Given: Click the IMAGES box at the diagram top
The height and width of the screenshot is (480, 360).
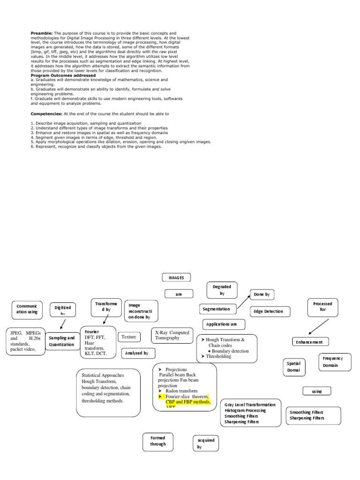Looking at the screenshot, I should pos(176,277).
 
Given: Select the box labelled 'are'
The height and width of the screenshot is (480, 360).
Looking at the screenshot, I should pos(179,294).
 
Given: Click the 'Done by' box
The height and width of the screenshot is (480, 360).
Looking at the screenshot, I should pos(262,294).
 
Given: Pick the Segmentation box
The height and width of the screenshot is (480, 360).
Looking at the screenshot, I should pos(217,309).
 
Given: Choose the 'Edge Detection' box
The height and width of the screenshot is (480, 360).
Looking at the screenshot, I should pos(269,311).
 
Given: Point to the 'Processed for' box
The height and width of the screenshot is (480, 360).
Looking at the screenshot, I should pos(322,307).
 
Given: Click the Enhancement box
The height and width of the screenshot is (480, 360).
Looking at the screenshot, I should pos(310,342).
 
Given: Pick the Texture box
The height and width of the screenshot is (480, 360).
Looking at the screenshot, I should pos(129,337).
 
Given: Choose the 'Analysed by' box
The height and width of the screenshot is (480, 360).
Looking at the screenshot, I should pos(138,353).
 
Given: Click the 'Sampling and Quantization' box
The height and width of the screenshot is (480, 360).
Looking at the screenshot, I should pos(61,341).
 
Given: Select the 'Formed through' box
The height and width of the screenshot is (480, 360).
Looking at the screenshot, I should pos(158,441).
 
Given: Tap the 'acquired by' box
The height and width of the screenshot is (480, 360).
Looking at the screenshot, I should pos(206,443).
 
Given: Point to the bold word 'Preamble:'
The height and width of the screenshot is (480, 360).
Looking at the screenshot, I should pos(42,34).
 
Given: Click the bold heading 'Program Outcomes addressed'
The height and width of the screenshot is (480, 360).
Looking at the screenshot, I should pos(63,75).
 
